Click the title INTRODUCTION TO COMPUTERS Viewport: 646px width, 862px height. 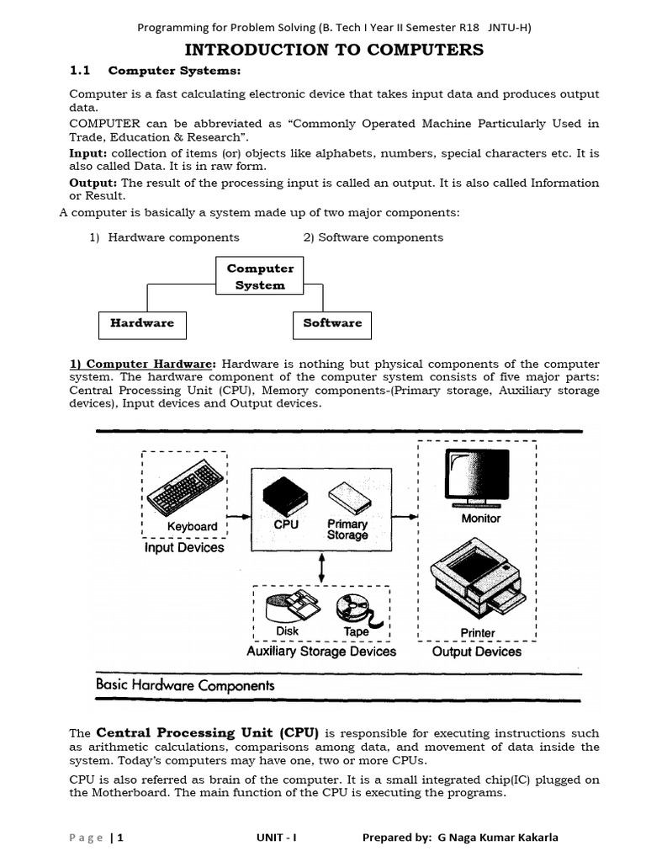point(334,50)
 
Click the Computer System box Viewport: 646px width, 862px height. point(260,277)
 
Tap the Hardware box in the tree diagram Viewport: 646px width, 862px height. point(142,323)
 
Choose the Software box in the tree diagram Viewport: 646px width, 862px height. point(332,323)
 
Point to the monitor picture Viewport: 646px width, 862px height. point(478,476)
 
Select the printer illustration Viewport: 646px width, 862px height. point(477,581)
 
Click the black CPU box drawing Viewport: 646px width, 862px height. point(283,496)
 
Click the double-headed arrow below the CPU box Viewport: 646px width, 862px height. point(321,567)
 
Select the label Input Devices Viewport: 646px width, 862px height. point(184,548)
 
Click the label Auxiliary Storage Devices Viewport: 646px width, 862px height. point(321,652)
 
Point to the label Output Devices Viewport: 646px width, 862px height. point(477,652)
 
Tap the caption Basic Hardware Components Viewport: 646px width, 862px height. point(185,686)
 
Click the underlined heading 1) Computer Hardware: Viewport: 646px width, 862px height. point(142,364)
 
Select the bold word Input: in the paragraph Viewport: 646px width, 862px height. point(87,154)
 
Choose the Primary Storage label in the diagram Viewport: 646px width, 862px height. point(347,529)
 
